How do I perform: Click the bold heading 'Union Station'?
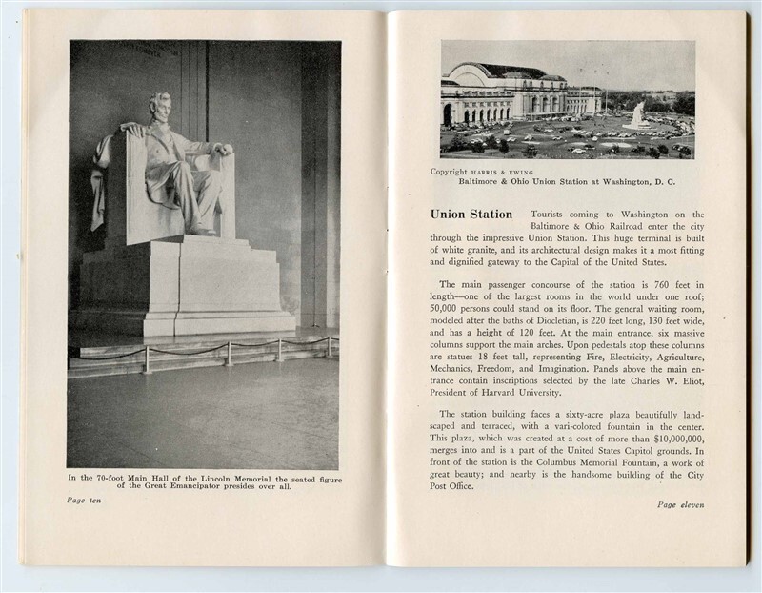tap(471, 215)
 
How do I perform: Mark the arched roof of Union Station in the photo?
tap(495, 71)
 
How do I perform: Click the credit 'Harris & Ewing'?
tap(506, 172)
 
